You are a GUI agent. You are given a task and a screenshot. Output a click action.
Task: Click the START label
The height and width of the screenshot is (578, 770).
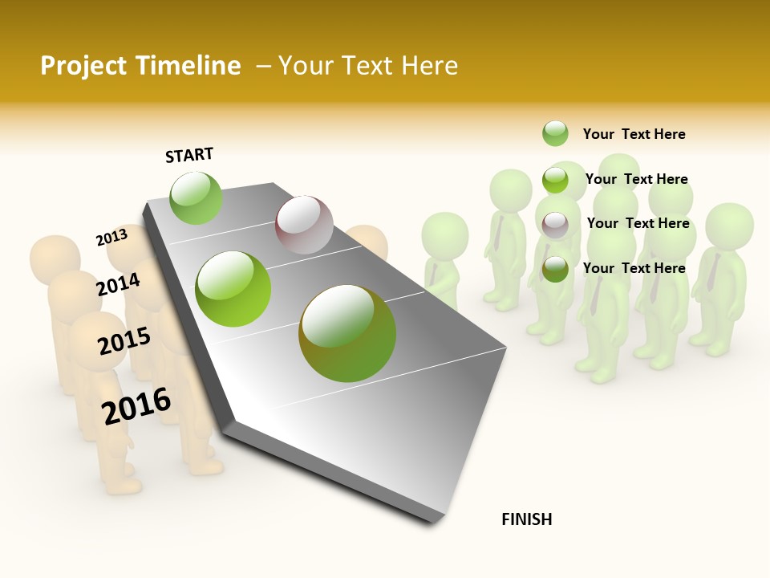click(x=189, y=155)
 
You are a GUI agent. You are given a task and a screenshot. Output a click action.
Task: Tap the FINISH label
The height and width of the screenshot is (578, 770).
click(x=527, y=519)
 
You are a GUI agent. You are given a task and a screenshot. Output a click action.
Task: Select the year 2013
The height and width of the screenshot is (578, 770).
click(x=111, y=238)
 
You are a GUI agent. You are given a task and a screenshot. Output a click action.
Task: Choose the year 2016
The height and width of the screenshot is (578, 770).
click(x=137, y=405)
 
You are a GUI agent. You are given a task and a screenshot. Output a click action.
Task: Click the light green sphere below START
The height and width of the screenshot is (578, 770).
click(x=196, y=197)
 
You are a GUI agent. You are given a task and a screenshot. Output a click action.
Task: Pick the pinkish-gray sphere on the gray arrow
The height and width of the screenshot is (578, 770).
click(x=304, y=225)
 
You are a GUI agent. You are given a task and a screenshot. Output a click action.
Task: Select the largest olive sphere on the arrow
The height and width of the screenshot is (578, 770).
click(x=347, y=332)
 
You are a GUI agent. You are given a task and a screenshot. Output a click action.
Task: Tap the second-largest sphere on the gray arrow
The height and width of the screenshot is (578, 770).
click(x=233, y=289)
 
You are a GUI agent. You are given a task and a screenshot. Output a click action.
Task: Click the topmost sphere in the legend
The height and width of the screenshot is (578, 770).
click(x=555, y=133)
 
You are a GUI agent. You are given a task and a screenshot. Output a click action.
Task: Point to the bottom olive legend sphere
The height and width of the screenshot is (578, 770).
click(x=555, y=269)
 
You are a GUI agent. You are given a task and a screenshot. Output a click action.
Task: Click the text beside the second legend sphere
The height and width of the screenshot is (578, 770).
click(x=636, y=179)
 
